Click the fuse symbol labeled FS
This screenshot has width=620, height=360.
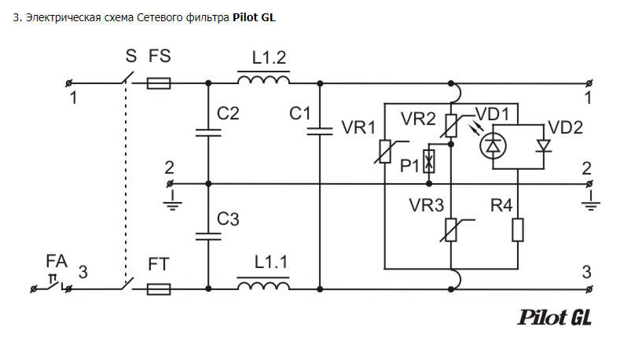click(x=159, y=83)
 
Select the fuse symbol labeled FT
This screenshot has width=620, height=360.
click(x=159, y=289)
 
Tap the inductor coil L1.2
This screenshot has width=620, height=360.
click(x=263, y=79)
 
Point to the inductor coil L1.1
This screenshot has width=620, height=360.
click(x=263, y=285)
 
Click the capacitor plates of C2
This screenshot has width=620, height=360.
click(x=208, y=133)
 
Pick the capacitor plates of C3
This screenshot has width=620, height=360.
click(x=208, y=237)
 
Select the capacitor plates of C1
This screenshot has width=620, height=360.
click(x=320, y=131)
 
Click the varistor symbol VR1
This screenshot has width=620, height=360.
click(x=385, y=152)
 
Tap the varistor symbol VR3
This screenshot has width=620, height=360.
click(x=451, y=230)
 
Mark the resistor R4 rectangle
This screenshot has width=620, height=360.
click(x=518, y=230)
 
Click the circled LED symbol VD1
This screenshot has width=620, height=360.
click(x=493, y=146)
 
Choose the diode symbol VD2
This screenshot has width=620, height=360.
click(x=544, y=146)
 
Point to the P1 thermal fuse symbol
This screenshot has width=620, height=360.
click(x=429, y=161)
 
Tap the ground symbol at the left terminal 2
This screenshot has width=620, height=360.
click(x=172, y=200)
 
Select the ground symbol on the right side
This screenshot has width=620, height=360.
click(x=591, y=200)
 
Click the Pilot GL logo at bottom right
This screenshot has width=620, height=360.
click(x=554, y=318)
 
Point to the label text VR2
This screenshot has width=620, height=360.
click(x=418, y=119)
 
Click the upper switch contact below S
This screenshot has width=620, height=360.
click(x=127, y=78)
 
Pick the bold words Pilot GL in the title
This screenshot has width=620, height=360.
click(x=254, y=17)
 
